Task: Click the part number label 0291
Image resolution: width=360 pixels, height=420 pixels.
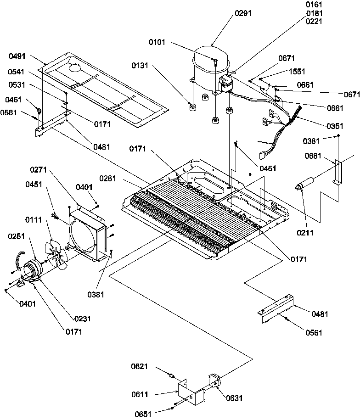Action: [243, 14]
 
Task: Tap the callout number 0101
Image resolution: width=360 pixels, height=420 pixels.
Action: [158, 43]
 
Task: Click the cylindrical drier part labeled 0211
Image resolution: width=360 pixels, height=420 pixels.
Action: [305, 183]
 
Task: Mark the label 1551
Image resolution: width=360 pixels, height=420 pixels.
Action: [297, 72]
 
